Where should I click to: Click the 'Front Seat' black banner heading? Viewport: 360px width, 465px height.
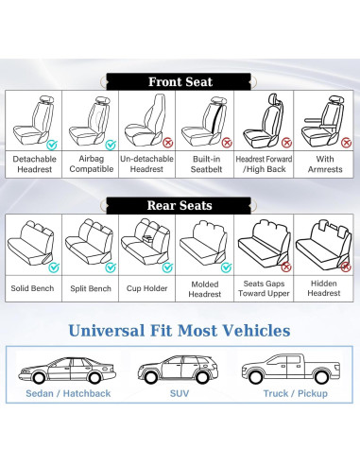click(x=180, y=81)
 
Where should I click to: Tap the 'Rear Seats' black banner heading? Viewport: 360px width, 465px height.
click(x=180, y=204)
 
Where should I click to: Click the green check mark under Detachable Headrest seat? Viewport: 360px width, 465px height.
click(x=53, y=145)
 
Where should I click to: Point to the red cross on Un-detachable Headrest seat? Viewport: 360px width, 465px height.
click(x=168, y=145)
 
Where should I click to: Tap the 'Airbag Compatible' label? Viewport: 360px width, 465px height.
click(x=92, y=164)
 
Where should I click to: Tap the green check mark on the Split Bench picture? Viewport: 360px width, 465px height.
click(x=111, y=267)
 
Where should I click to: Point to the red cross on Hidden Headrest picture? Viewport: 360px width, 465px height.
click(x=344, y=267)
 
